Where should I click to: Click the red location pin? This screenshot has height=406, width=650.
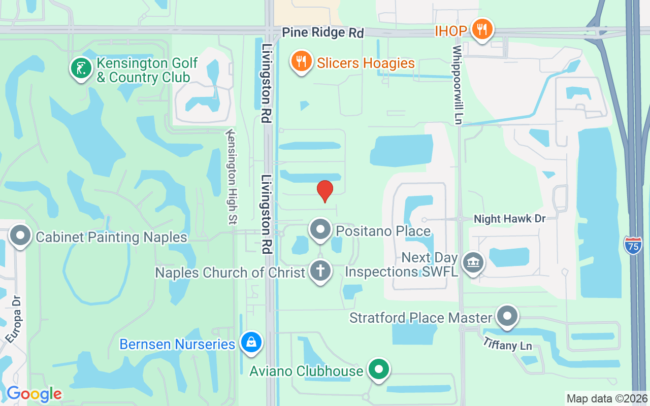[325, 191]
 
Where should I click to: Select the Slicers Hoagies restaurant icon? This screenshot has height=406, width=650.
[301, 62]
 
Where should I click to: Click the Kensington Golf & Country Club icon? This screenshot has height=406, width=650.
[81, 69]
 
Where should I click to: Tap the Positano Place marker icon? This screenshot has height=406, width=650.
[320, 229]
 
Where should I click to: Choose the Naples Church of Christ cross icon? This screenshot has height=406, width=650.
[320, 271]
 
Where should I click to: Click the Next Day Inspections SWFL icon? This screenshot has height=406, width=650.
[473, 262]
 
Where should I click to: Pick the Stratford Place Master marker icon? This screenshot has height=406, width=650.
[507, 316]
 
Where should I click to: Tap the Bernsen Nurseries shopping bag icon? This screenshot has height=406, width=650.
[251, 343]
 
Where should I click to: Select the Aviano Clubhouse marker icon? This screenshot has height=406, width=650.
[378, 369]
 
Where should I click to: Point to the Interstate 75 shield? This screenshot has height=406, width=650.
[633, 245]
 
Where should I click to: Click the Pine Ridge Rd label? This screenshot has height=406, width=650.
[323, 32]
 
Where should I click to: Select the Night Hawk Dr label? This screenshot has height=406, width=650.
[509, 219]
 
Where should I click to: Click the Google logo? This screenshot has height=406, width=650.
[34, 394]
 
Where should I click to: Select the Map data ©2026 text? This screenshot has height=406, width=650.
[607, 398]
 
